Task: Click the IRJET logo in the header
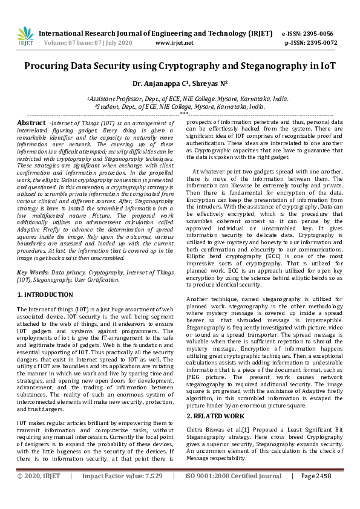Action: (x=25, y=36)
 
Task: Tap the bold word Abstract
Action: (x=31, y=123)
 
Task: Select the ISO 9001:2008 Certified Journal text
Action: (x=233, y=493)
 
